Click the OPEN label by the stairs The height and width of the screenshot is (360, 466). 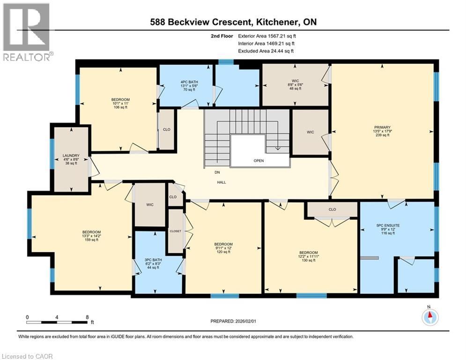coord(259,161)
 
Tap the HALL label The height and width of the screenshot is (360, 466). coord(222,182)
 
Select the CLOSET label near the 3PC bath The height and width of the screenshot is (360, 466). coord(176,232)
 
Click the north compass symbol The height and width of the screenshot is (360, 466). coord(429,317)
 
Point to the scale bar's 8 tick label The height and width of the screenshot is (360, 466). coord(88,317)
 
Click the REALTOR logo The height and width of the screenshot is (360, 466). coord(27,31)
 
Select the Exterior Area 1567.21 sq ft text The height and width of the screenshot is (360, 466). coord(268,36)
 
